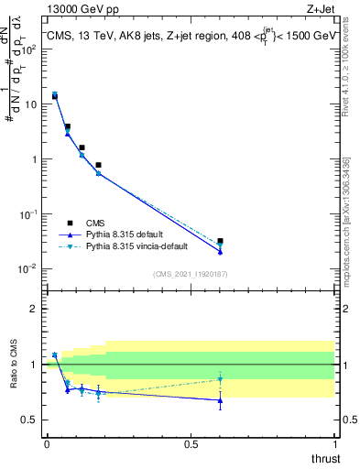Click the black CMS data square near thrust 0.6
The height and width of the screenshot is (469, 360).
pyautogui.click(x=220, y=241)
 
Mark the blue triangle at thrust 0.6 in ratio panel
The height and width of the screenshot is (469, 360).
pyautogui.click(x=220, y=400)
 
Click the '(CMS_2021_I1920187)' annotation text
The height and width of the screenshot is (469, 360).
pyautogui.click(x=190, y=274)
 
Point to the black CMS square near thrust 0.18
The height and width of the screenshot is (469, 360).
pyautogui.click(x=98, y=165)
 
